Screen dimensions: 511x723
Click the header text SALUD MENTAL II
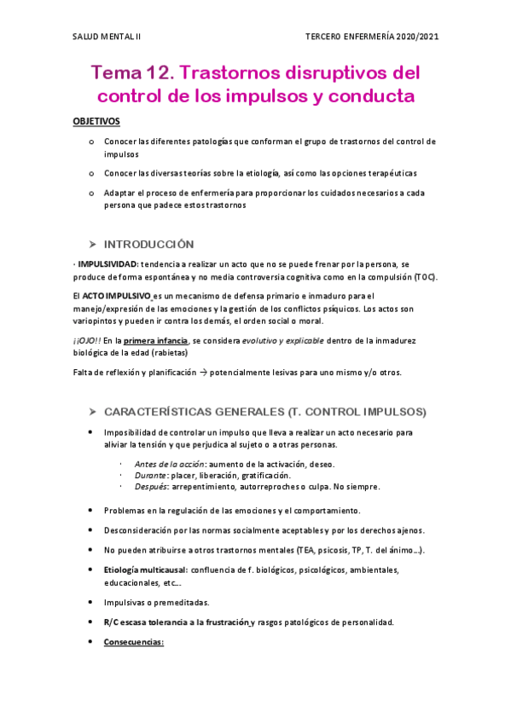107,37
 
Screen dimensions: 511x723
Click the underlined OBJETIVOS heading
96,122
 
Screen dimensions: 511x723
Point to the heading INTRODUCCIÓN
148,243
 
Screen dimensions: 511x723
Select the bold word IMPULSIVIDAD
107,265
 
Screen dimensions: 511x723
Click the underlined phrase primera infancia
156,342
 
